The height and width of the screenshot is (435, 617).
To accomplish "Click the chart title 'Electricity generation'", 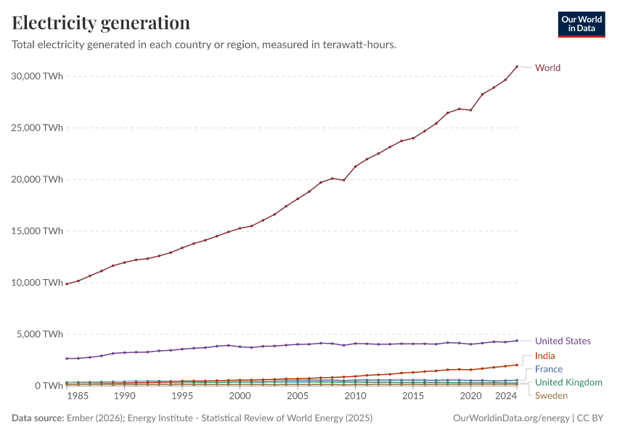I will [x=101, y=22].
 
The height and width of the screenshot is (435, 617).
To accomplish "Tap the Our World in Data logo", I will [x=581, y=24].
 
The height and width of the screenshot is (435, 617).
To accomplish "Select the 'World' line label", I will [x=547, y=68].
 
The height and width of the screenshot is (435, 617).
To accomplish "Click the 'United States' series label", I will [x=563, y=341].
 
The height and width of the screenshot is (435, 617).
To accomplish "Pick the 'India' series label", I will [x=545, y=356].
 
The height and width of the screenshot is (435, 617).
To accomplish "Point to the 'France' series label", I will [x=549, y=369].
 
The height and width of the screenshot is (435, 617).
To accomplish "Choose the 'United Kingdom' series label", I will [x=568, y=382].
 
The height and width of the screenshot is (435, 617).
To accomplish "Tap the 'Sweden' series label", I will [x=551, y=395].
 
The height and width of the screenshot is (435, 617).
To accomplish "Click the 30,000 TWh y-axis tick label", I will [x=37, y=76].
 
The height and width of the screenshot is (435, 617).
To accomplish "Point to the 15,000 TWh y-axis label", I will [x=37, y=231].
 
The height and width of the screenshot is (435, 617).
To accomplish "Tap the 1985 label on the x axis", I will [x=78, y=397].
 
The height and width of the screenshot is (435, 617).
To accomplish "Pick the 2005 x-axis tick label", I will [x=298, y=397].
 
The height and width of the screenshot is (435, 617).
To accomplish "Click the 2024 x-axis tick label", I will [x=505, y=397].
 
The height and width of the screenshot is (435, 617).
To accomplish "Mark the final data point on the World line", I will [x=517, y=67].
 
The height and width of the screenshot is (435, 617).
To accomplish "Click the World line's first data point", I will [x=67, y=283].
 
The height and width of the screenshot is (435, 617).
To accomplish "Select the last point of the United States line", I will [x=517, y=341].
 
